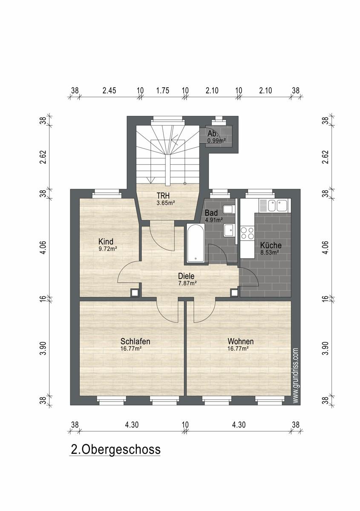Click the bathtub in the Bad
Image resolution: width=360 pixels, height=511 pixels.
click(195, 243)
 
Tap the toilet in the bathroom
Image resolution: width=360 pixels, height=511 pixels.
click(228, 209)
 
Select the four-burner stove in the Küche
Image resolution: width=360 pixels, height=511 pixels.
click(248, 233)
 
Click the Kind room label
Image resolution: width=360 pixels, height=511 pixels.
click(106, 241)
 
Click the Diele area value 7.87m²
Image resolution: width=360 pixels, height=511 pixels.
click(187, 283)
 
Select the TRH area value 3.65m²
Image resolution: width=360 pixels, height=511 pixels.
click(165, 203)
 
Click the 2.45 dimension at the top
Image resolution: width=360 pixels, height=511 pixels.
click(109, 91)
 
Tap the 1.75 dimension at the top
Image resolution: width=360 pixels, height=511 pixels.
click(163, 91)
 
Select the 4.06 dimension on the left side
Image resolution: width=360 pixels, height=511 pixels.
click(43, 247)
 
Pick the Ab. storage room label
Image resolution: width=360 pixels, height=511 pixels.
click(213, 133)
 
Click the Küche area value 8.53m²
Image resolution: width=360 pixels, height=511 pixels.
click(270, 252)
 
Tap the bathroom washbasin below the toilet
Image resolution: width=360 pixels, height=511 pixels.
click(229, 230)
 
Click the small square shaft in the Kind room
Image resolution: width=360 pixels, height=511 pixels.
click(135, 293)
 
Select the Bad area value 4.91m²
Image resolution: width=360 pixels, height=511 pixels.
click(214, 220)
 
